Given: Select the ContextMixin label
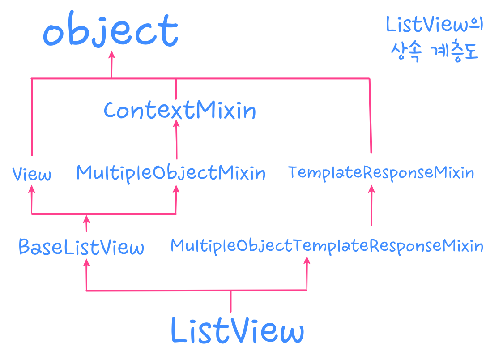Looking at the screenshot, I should (x=179, y=110).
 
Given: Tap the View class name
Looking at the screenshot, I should (x=31, y=174).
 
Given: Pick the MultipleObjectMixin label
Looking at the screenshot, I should (x=171, y=173).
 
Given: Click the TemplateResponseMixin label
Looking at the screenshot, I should (x=381, y=172).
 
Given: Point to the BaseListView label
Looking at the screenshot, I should (x=81, y=247).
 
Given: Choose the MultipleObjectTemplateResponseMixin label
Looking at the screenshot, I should (x=327, y=245).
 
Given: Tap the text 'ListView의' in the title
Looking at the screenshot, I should (x=435, y=26).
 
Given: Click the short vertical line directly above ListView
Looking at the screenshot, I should (x=230, y=301).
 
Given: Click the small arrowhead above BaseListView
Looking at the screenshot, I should (x=86, y=219).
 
